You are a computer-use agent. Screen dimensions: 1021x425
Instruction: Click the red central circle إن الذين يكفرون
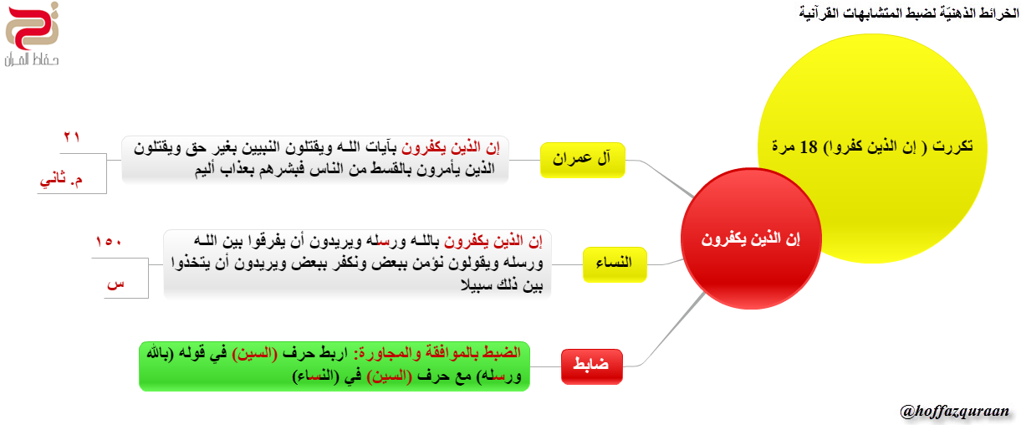pos(751,238)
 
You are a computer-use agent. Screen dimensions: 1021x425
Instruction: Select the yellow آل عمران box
pos(582,160)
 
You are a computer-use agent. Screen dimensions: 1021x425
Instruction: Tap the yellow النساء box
pos(615,264)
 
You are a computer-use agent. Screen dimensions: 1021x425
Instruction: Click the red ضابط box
pos(592,366)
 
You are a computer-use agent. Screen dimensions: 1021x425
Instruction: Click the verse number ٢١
pos(72,136)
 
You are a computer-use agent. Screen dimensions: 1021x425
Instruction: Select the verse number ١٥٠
pos(108,241)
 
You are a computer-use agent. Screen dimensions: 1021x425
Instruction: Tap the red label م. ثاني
pos(61,180)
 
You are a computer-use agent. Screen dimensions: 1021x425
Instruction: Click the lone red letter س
pos(115,284)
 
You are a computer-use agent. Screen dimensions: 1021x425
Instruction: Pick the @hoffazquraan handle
pos(954,412)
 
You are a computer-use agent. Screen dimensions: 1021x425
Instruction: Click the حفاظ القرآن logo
pos(32,34)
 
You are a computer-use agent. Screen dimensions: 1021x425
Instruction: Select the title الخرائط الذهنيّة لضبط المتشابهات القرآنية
pos(909,13)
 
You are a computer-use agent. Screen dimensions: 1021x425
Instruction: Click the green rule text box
pos(334,366)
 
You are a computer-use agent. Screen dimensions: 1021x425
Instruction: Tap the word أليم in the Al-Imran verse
pos(208,170)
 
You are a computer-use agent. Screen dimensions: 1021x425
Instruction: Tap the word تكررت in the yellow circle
pos(952,147)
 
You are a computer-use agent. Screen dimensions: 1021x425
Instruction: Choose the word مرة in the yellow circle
pos(784,147)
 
